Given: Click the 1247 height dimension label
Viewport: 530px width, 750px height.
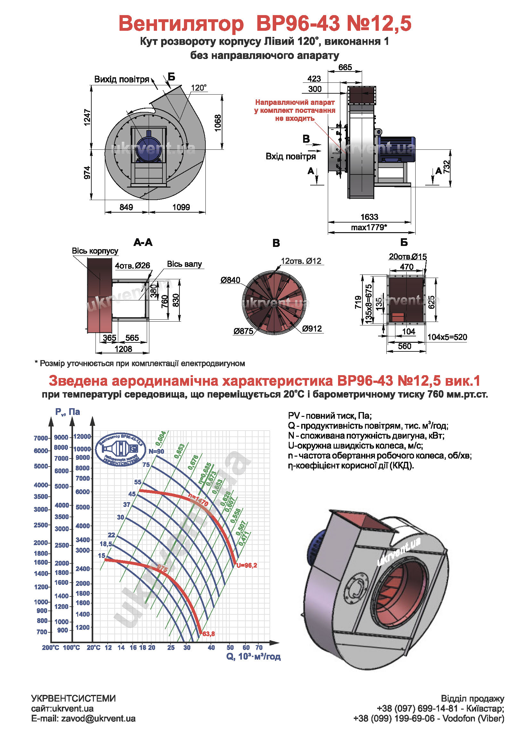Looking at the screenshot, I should click(87, 117).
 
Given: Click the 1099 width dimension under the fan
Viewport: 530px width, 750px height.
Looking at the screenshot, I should click(181, 207).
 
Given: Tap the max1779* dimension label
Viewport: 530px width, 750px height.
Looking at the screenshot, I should click(369, 227).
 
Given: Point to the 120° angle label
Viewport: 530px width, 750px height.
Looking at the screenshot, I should click(199, 88).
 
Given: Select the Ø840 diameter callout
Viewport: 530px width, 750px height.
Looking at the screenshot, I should click(230, 280).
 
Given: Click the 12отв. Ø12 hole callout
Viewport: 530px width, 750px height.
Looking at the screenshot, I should click(301, 261).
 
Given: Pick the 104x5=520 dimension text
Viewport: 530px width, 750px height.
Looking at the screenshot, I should click(447, 337).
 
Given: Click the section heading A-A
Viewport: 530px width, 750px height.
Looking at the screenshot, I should click(143, 242).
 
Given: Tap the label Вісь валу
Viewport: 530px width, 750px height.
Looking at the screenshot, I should click(184, 264).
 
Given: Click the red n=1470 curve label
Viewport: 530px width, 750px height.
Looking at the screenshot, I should click(198, 500).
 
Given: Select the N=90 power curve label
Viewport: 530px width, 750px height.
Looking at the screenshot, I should click(156, 451).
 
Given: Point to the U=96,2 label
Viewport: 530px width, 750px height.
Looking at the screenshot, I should click(247, 565).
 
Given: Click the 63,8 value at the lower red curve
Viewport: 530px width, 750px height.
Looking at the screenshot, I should click(209, 634).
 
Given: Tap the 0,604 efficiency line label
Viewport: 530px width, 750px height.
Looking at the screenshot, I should click(161, 438).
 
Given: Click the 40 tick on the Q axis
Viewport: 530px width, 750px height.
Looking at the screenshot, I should click(211, 647).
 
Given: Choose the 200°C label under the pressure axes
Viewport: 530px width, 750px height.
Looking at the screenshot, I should click(50, 647).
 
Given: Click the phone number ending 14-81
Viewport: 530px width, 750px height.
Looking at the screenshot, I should click(417, 709).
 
